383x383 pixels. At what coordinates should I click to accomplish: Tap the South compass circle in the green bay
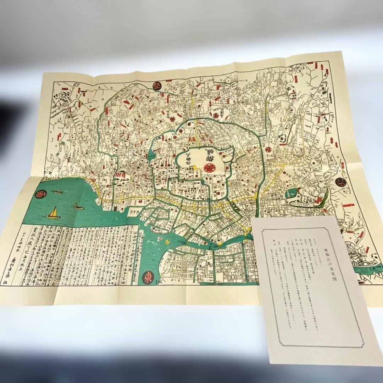pyautogui.click(x=38, y=194)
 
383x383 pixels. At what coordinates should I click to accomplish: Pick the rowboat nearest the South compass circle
pyautogui.click(x=57, y=192)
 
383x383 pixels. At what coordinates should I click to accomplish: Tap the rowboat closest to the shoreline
pyautogui.click(x=78, y=206)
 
